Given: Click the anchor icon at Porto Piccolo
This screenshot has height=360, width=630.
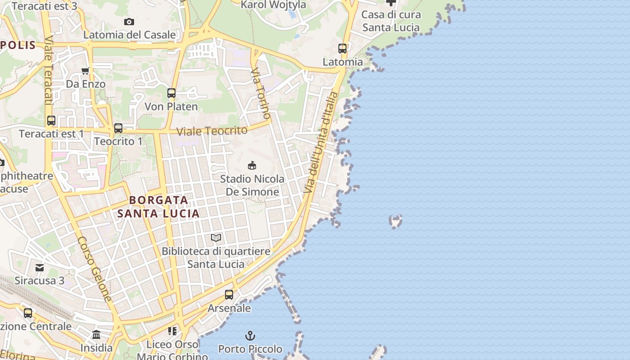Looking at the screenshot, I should tap(250, 336).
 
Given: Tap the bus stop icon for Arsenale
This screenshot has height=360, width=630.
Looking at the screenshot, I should tap(229, 295).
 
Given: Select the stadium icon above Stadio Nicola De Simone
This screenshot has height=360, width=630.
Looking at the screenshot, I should tap(252, 165).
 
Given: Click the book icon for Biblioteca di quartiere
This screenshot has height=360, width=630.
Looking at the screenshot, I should tap(216, 238).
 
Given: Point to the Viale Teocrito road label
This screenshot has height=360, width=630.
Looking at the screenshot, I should tap(212, 131).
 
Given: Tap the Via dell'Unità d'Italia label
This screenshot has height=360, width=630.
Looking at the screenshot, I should tap(321, 143).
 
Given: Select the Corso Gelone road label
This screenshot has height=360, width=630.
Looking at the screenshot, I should tap(94, 269).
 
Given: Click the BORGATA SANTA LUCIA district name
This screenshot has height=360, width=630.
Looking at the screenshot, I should tap(158, 207).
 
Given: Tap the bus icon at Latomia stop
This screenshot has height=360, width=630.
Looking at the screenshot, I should tap(342, 49).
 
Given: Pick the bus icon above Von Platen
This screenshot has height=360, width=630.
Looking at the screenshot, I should tap(171, 93).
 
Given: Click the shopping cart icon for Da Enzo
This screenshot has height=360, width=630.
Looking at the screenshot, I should tap(85, 71).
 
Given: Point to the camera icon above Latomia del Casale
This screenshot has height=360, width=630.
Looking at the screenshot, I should tap(129, 22).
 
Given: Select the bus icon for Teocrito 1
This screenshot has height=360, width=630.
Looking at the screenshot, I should tap(118, 128).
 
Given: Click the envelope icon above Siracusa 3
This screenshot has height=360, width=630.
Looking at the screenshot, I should tap(40, 268).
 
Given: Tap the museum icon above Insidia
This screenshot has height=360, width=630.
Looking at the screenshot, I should tap(96, 335).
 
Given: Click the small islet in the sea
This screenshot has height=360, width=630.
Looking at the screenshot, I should tap(396, 221).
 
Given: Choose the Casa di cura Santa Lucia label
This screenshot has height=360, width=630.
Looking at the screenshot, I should tap(391, 21).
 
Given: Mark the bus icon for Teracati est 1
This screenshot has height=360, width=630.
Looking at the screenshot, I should tap(51, 121).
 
